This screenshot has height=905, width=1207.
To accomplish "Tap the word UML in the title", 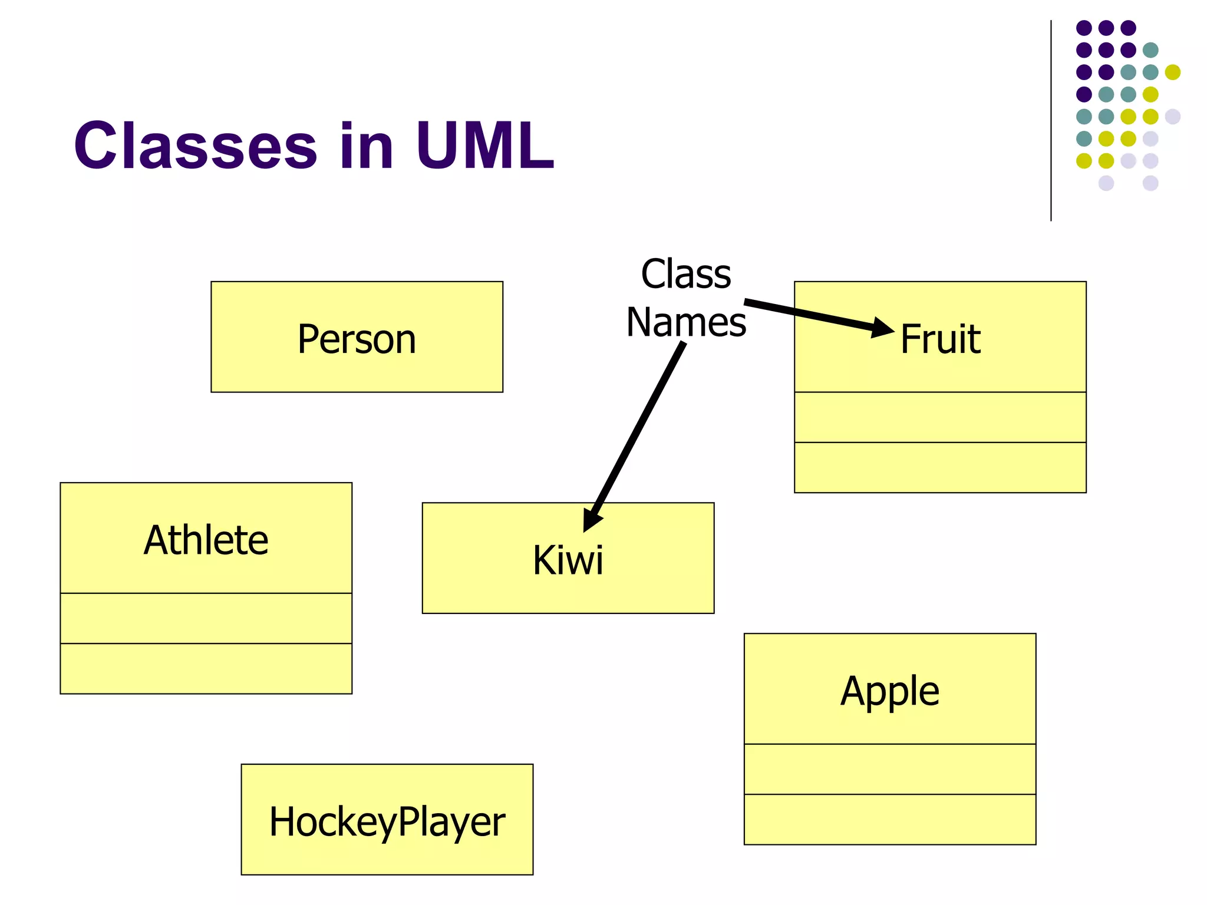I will tap(484, 146).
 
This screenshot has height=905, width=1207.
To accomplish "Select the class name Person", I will tap(357, 339).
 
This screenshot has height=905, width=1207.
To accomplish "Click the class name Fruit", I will tap(940, 339).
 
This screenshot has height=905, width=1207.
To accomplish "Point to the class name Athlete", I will tap(206, 540).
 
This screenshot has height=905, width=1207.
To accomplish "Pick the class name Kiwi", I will tap(568, 560).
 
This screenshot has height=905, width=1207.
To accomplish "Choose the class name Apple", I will tap(889, 691).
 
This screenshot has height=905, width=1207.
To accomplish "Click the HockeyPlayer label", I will tap(387, 822).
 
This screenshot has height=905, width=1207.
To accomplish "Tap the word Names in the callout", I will tap(686, 322).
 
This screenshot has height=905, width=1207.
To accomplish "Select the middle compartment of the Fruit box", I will tap(940, 417).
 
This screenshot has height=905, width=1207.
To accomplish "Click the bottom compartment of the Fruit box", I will tap(940, 467).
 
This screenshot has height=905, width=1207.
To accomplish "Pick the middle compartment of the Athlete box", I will tap(206, 618).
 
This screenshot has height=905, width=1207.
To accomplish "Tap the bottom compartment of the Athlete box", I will tap(206, 668).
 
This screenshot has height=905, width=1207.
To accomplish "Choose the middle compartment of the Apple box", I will tap(889, 769).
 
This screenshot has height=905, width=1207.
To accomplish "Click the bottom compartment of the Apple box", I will tap(889, 819).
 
